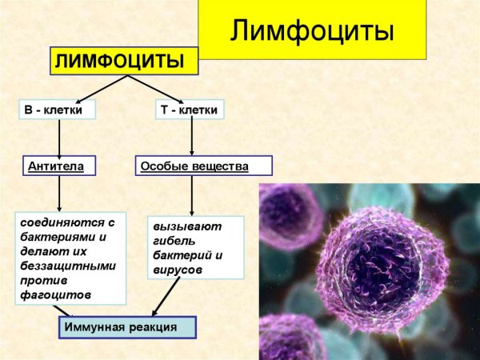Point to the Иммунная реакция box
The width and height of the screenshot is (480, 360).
(126, 327)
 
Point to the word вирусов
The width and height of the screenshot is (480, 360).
(177, 270)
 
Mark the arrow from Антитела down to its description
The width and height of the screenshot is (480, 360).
(59, 194)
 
